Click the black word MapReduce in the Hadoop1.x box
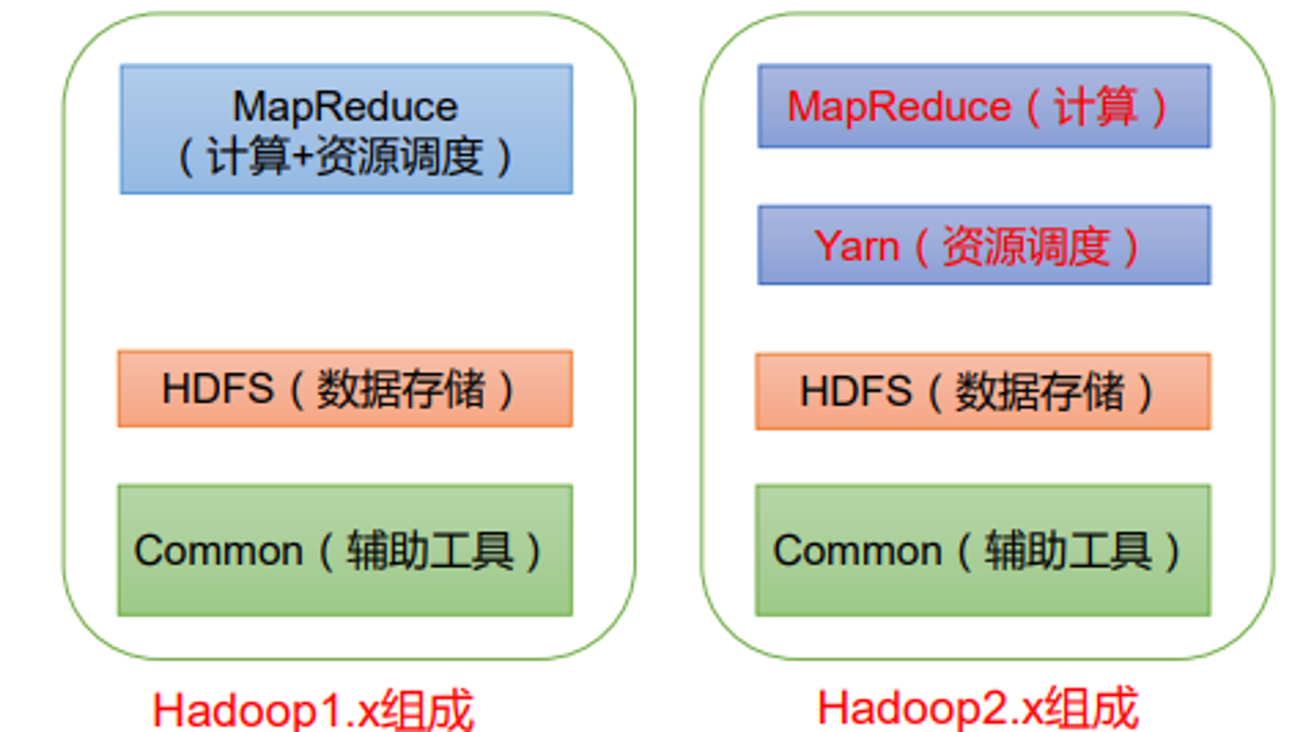345,107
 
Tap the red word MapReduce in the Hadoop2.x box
899,106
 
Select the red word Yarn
857,247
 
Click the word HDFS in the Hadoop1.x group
218,389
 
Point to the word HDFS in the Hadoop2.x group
855,391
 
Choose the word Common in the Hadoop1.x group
218,551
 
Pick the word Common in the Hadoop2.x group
857,551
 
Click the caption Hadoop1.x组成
313,710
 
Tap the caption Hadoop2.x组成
978,708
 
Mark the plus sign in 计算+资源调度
302,157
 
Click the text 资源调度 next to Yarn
1026,247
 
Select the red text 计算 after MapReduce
1096,106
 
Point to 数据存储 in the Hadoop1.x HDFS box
401,389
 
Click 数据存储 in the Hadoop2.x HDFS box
1040,391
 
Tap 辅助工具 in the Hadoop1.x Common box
430,551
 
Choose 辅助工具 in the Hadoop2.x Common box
1068,551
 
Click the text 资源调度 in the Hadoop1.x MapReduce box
399,156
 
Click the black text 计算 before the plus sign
248,156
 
